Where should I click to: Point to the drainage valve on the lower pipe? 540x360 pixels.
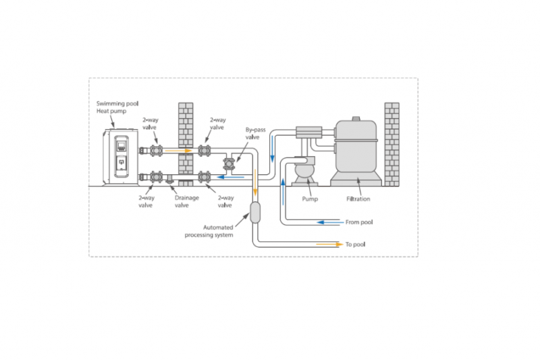pyautogui.click(x=170, y=180)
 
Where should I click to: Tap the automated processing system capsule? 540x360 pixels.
pyautogui.click(x=256, y=213)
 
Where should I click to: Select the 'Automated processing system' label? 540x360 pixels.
pyautogui.click(x=209, y=231)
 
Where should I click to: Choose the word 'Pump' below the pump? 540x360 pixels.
pyautogui.click(x=310, y=199)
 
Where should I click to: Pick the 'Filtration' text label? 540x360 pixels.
pyautogui.click(x=358, y=199)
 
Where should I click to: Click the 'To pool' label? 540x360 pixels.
pyautogui.click(x=355, y=245)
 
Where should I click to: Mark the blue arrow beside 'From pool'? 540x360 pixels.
pyautogui.click(x=329, y=222)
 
